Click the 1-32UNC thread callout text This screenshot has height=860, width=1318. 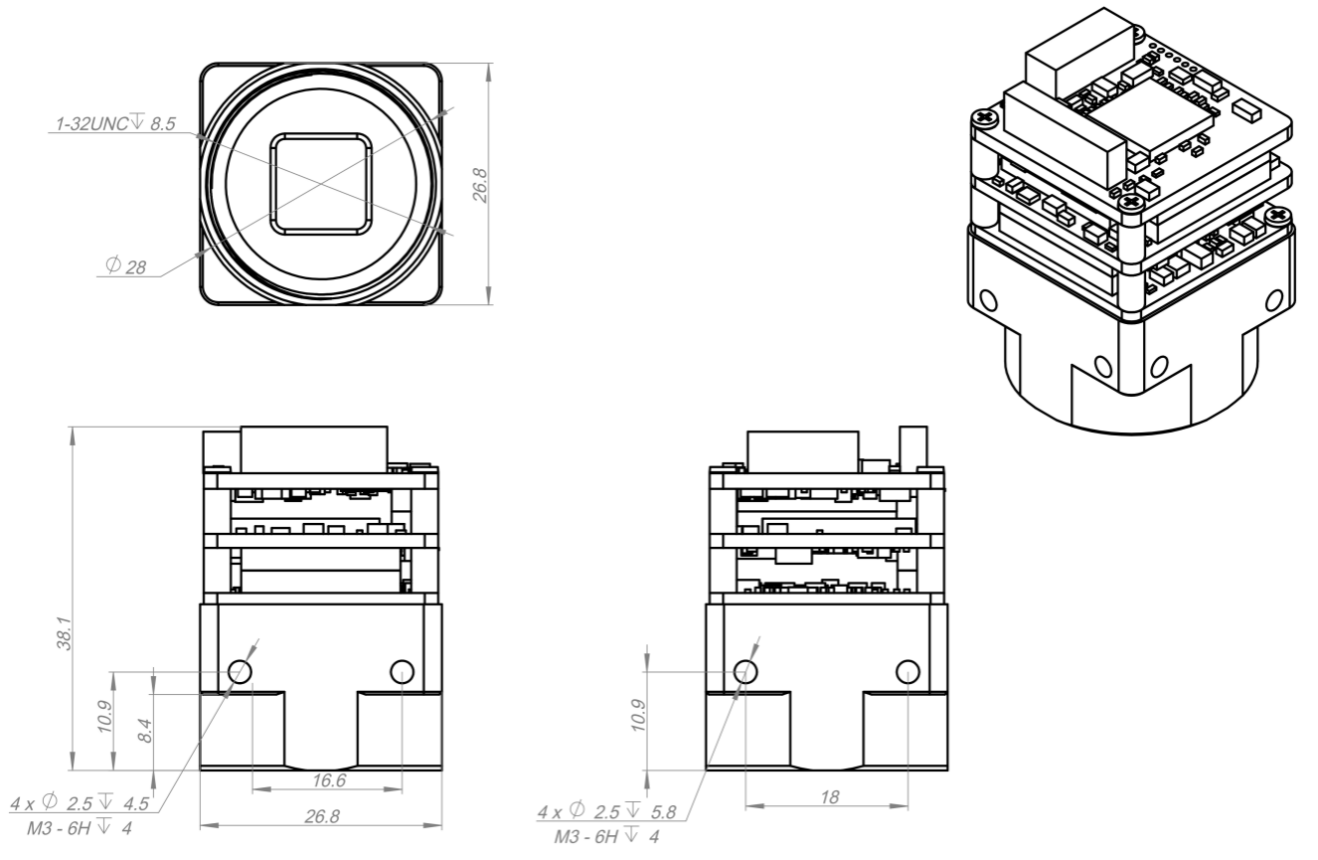coord(115,123)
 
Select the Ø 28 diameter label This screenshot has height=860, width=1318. coord(125,266)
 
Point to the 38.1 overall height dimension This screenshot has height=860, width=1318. coord(65,633)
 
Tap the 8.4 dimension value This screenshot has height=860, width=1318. coord(145,731)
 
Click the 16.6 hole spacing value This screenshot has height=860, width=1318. coord(329,780)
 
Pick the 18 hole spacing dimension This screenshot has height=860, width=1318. coord(829,797)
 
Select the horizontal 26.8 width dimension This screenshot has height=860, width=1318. coord(322,816)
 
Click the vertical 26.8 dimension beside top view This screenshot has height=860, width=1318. coord(481,185)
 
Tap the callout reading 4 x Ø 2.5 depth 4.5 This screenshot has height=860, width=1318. coord(80,803)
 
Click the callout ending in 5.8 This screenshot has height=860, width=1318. coord(606,811)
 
